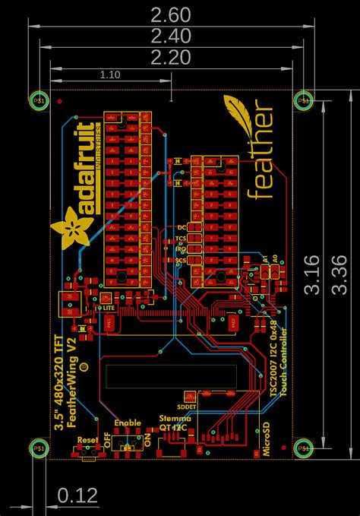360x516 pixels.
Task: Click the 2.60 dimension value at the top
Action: (170, 14)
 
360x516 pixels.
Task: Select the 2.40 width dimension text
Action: (170, 36)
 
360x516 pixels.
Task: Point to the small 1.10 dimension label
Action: (110, 74)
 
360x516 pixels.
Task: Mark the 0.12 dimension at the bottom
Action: (77, 496)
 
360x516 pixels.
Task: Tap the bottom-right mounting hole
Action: (304, 448)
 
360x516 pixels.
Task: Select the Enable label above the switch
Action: (127, 423)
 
